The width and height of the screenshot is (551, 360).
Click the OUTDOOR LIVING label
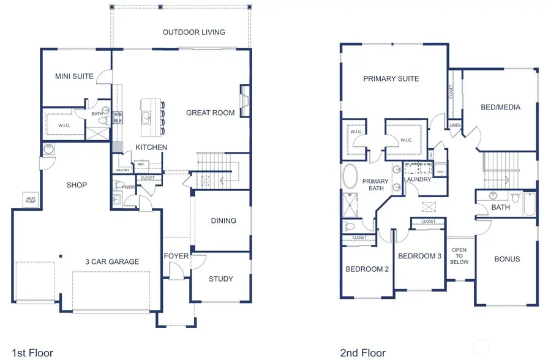(193, 32)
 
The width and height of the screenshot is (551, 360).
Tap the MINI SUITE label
(74, 77)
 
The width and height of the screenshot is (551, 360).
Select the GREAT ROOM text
(210, 113)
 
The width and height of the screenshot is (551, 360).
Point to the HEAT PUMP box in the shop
(31, 200)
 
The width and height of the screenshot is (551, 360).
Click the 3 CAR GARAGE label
(112, 261)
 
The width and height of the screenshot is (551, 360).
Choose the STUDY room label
(220, 279)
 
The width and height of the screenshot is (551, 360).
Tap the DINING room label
(223, 220)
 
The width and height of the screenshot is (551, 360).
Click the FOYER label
(176, 255)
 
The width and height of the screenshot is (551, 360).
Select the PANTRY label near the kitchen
(122, 170)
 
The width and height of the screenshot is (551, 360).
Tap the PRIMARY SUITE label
(391, 78)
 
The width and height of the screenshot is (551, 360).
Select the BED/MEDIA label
(500, 107)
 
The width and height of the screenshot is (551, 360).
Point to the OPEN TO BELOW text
(459, 256)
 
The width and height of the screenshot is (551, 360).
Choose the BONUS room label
(507, 259)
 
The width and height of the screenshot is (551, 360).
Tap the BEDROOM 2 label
(367, 269)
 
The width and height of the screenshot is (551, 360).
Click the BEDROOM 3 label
(419, 256)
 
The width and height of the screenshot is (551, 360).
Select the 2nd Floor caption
(362, 353)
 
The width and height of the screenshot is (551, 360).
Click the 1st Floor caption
(32, 353)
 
